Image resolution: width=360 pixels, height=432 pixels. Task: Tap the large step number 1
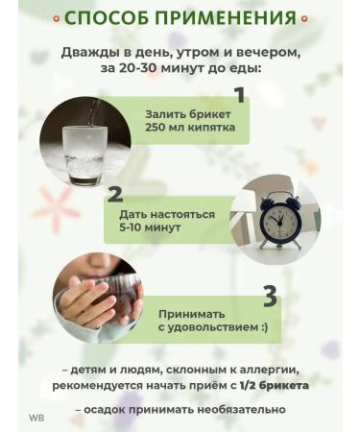tap(239, 95)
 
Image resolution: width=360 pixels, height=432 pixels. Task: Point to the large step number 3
tap(270, 297)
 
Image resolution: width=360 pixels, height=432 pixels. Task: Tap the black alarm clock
tap(280, 219)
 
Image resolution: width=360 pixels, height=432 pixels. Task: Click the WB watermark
tap(36, 418)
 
